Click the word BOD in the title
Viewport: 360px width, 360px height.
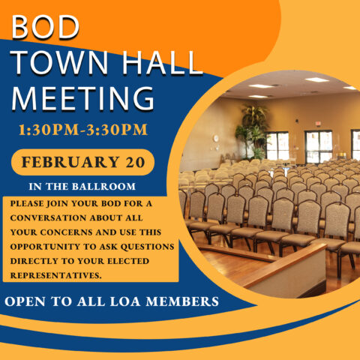click(x=46, y=27)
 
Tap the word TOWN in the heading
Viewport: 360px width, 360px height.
click(x=60, y=63)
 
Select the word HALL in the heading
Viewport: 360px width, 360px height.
click(x=162, y=63)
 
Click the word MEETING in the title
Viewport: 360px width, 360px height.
click(x=82, y=98)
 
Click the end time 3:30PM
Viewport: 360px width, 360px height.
click(x=117, y=130)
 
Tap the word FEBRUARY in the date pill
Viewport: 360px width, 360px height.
click(x=70, y=162)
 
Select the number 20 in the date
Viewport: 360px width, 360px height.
click(x=135, y=162)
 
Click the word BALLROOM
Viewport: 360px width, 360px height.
click(x=103, y=187)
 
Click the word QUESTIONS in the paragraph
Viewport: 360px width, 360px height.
click(x=147, y=247)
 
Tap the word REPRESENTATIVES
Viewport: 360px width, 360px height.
click(x=56, y=275)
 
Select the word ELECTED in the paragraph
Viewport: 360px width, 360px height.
click(x=128, y=261)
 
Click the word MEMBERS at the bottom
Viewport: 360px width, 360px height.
click(x=182, y=301)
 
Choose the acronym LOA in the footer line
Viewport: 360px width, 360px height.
click(x=125, y=301)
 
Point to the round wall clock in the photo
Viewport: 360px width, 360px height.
click(x=216, y=138)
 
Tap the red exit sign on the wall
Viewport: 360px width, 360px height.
click(x=318, y=123)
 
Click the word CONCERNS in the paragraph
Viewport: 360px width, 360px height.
click(x=67, y=232)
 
